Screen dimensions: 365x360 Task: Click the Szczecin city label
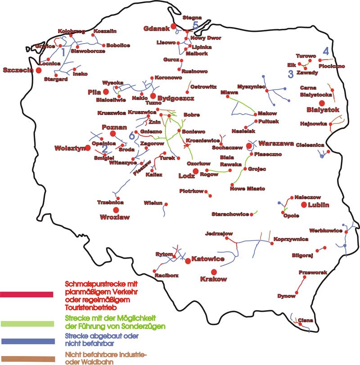tap(18, 70)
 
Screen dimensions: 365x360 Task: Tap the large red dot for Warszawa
tap(250, 147)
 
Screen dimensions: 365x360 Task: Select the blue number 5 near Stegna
tap(195, 26)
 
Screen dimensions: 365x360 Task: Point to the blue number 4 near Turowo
tap(325, 51)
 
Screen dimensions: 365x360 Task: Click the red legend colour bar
tap(27, 295)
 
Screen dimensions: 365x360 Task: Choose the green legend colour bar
tap(27, 323)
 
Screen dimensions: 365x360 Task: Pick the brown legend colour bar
tap(27, 358)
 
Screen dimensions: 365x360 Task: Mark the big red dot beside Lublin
tap(304, 205)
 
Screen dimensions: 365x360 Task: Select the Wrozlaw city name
tap(115, 217)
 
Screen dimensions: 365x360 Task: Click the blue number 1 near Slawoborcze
tap(63, 53)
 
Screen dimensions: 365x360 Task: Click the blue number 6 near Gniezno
tap(131, 135)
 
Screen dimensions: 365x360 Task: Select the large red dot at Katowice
tap(188, 261)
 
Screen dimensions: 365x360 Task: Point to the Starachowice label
tap(230, 214)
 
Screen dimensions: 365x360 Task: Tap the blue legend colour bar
tap(27, 340)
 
